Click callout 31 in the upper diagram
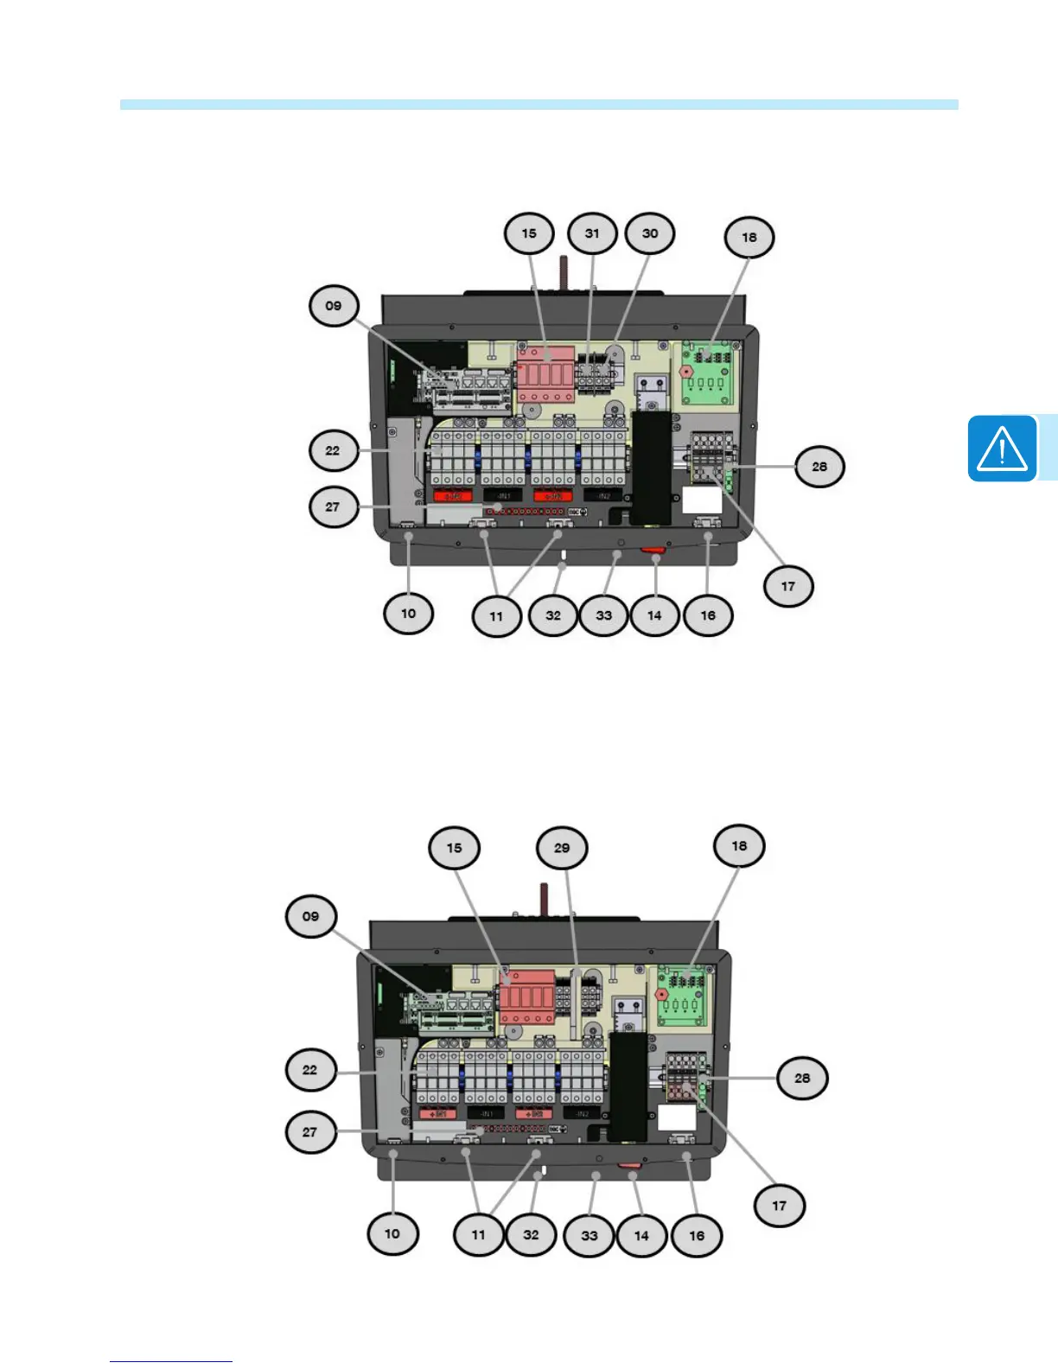coord(592,233)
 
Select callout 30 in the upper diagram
coord(650,233)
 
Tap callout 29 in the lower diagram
coord(562,848)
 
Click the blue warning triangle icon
coord(1002,449)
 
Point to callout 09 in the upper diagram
coord(334,306)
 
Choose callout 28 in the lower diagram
coord(802,1078)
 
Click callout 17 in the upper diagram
coord(788,586)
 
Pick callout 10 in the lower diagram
coord(392,1233)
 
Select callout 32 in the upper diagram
coord(553,615)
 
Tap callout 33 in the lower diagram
coord(590,1235)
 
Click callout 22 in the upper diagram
coord(333,450)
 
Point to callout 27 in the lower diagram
coord(309,1131)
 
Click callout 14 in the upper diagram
coord(654,615)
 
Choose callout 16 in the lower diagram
coord(697,1235)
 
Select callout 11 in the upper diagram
coord(496,616)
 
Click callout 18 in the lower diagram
coord(739,846)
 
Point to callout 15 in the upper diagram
coord(529,233)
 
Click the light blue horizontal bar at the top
coord(539,105)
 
